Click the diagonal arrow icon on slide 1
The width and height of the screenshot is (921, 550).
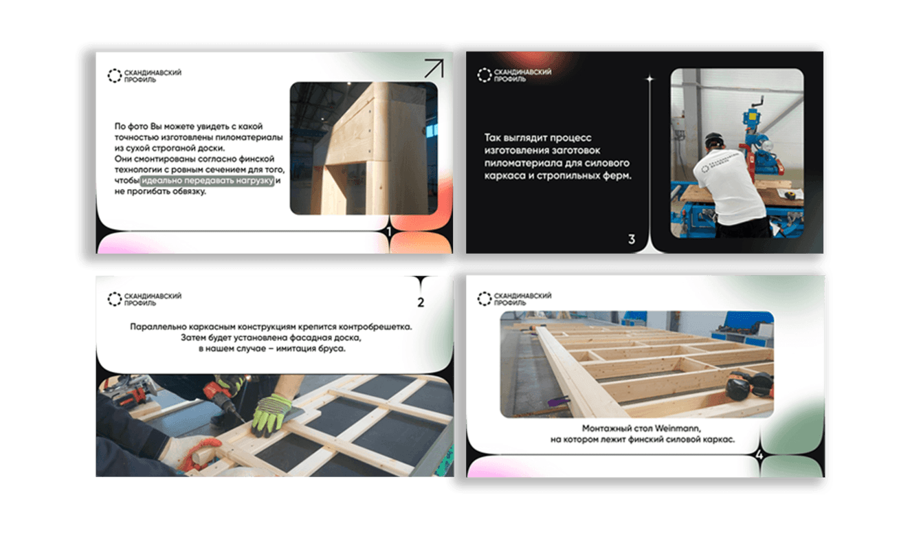coord(434,68)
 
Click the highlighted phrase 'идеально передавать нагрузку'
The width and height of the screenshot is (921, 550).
coord(208,181)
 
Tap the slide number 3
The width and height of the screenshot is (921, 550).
coord(632,239)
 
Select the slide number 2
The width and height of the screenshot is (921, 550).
coord(421,302)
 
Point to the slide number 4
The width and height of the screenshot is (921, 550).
coord(759,455)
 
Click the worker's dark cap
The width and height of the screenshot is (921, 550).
coord(715,140)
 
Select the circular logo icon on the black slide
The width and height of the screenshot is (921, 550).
coord(485,75)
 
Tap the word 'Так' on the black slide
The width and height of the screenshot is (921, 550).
coord(491,137)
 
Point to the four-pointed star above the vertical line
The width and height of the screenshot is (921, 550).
coord(650,78)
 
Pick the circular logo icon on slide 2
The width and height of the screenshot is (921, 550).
coord(114,299)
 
